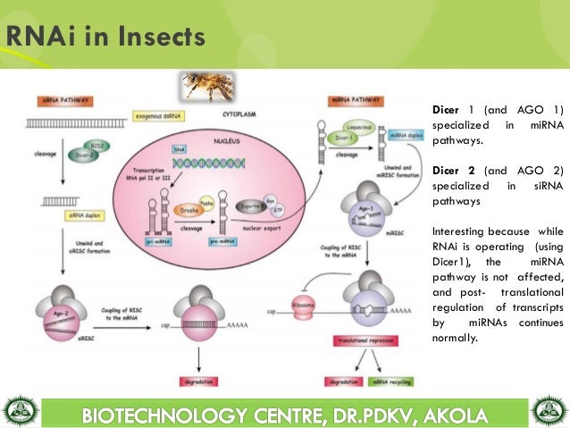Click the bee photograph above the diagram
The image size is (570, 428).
[x=207, y=86]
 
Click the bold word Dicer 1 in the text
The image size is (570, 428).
[x=448, y=109]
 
